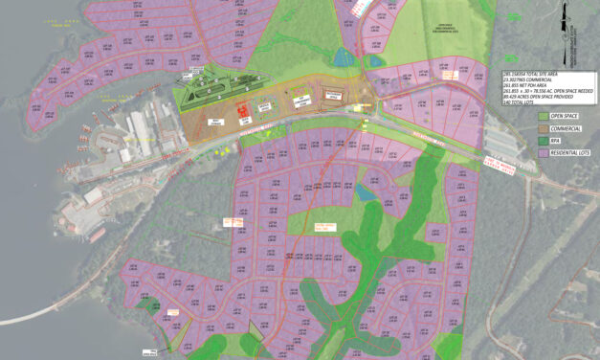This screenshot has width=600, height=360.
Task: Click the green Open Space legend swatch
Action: [x=543, y=116]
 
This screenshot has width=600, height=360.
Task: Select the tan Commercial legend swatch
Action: [x=543, y=127]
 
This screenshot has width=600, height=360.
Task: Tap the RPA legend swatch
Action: [x=543, y=140]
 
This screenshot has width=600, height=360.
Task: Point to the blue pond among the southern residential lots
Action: [x=365, y=193]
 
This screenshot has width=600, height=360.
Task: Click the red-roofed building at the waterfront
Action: [x=97, y=234]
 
